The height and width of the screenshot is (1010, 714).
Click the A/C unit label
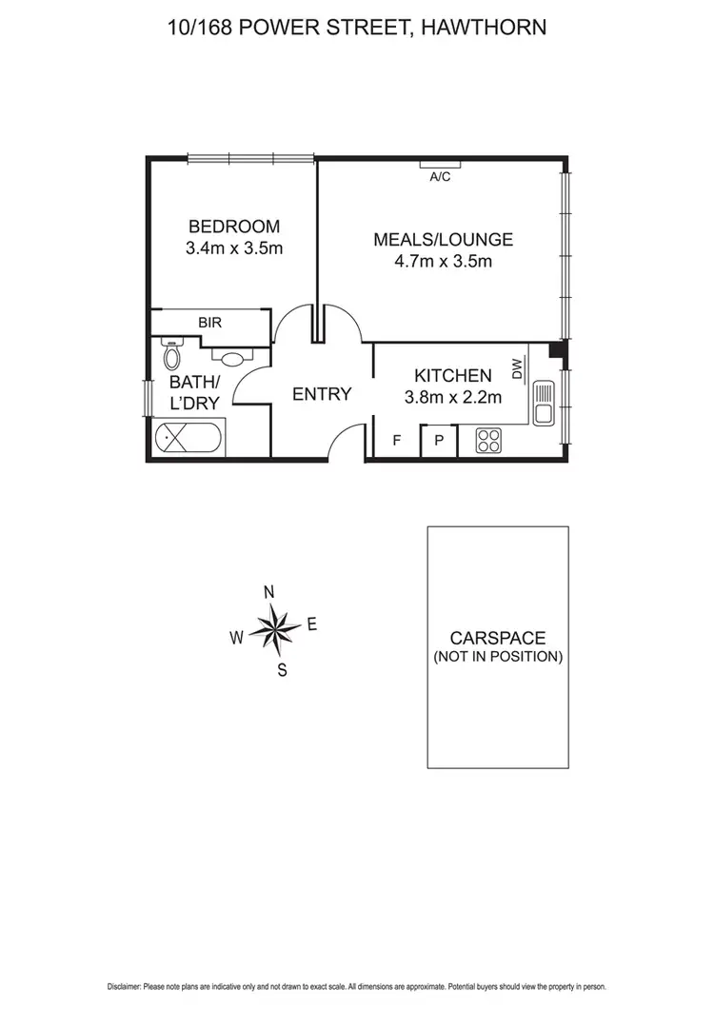[440, 177]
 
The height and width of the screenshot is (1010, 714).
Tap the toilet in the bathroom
[172, 355]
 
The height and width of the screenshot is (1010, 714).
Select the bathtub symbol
[189, 440]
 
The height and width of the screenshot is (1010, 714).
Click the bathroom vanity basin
[231, 359]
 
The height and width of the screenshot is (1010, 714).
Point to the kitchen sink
[544, 404]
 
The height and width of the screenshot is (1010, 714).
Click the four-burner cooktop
[488, 441]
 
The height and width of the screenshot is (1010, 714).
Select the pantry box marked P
[439, 441]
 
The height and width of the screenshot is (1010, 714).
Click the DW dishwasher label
[517, 368]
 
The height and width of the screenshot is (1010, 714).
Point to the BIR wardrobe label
[209, 323]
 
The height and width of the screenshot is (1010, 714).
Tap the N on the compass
[269, 592]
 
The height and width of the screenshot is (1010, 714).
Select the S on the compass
[282, 669]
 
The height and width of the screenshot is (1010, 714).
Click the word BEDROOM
[234, 227]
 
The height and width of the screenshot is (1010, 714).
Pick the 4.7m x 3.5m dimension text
[443, 262]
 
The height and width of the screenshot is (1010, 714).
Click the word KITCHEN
[453, 376]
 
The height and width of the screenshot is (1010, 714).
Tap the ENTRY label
[322, 394]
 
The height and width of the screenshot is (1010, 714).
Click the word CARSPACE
[498, 639]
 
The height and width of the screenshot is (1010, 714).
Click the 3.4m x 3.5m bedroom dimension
[234, 248]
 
